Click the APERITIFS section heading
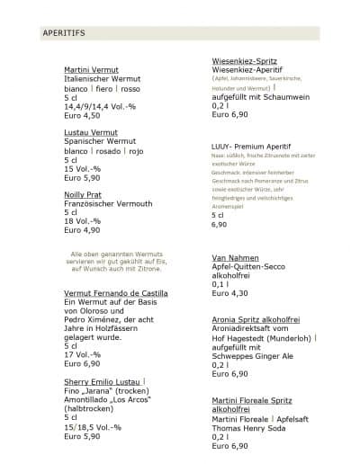[x=63, y=33]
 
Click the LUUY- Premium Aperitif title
[x=248, y=144]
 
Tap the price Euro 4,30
[x=229, y=294]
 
